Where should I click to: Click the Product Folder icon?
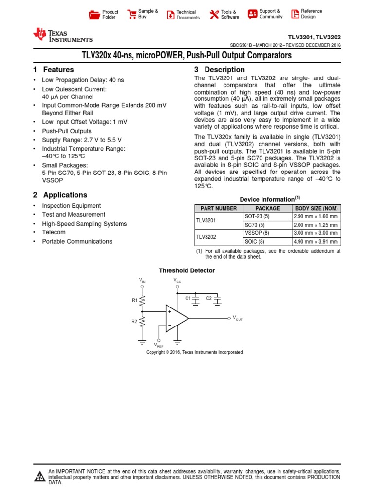94,15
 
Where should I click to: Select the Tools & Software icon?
214,15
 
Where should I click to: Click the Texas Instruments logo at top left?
62,36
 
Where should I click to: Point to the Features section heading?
54,70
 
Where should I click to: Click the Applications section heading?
60,195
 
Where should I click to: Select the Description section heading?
219,70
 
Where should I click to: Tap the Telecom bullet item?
54,232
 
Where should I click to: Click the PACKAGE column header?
267,208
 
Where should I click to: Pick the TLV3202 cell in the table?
206,237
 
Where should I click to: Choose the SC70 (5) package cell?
254,225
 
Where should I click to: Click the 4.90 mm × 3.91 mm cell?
316,241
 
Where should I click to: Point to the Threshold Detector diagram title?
187,270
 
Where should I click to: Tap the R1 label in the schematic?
135,301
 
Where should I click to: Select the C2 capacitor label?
209,298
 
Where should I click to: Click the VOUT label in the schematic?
238,318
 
